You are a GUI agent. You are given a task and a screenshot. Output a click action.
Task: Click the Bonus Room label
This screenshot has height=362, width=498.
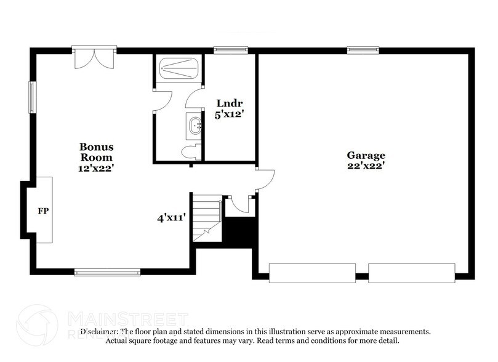pos(96,151)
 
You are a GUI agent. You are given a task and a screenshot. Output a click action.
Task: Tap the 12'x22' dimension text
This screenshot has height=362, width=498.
pos(96,167)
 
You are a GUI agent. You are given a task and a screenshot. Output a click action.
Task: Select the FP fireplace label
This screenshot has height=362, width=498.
pos(43,211)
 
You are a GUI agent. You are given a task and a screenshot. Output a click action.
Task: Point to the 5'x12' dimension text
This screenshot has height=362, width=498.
pos(225,114)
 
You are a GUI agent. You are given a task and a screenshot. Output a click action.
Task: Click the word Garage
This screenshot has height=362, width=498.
pos(365,156)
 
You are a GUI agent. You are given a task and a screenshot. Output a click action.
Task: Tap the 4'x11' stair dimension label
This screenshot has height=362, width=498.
pos(172,217)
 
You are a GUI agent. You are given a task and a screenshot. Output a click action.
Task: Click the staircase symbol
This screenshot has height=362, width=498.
pos(207,218)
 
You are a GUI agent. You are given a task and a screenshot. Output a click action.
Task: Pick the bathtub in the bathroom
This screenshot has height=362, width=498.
pos(178,68)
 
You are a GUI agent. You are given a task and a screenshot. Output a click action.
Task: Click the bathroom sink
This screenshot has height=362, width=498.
pos(195,126)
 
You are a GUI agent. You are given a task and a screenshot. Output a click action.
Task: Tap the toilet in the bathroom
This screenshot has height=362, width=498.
pos(190,151)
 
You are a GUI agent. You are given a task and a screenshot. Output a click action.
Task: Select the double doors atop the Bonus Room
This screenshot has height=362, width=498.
pos(94,58)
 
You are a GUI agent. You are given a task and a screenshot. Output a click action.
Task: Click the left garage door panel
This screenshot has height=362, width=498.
pos(312,273)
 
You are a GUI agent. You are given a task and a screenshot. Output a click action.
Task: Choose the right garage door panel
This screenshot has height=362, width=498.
pos(411,273)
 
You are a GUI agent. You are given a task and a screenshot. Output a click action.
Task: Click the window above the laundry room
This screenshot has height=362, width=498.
pos(230,49)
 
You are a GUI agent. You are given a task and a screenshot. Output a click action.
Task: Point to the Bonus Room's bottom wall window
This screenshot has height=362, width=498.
pos(107,271)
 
